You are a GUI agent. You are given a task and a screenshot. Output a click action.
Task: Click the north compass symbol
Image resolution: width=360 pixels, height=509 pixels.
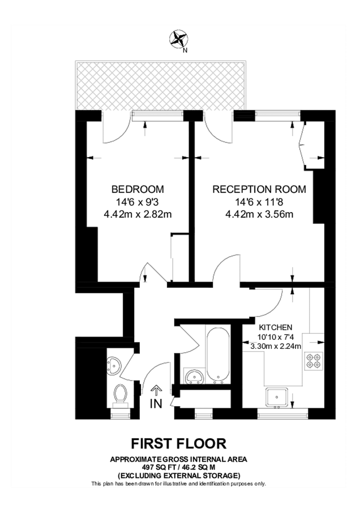179,39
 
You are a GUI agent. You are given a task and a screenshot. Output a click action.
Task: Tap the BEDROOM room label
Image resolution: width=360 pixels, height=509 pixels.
138,189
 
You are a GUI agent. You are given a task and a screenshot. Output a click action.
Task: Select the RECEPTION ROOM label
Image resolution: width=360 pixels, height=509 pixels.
259,189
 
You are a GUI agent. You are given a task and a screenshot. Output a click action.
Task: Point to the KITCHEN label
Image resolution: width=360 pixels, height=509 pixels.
276,327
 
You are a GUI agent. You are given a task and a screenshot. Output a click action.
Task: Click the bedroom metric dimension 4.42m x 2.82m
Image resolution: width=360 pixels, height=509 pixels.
138,214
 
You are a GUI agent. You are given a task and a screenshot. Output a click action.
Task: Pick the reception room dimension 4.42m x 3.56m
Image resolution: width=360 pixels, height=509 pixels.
259,214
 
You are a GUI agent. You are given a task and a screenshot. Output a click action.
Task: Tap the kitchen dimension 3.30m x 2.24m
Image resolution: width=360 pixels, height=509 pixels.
276,346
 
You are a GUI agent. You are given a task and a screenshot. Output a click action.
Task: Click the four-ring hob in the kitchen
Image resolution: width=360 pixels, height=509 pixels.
312,360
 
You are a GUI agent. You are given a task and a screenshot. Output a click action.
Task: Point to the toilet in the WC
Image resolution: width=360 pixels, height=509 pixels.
121,395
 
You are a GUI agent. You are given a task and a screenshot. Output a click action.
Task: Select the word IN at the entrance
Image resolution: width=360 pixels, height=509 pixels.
156,404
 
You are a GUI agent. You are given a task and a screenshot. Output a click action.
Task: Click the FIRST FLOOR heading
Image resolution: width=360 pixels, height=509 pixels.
179,443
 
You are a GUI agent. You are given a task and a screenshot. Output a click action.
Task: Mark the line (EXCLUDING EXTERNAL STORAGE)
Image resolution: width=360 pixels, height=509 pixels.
179,475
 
